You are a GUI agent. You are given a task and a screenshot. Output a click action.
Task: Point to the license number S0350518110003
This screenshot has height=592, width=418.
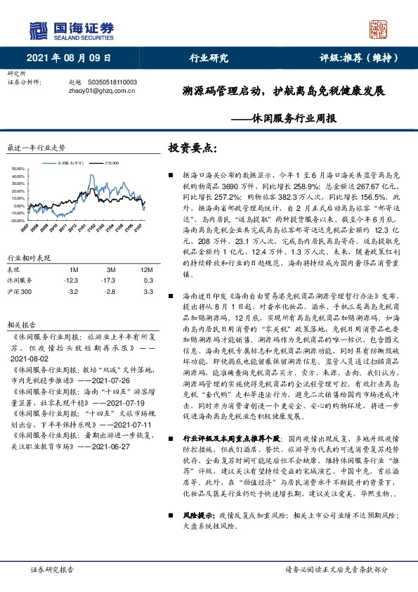pos(112,82)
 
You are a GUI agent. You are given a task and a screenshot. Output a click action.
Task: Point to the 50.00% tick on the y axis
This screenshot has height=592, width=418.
pos(18,169)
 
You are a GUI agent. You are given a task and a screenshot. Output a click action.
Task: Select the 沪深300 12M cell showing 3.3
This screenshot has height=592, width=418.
pos(148,271)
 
